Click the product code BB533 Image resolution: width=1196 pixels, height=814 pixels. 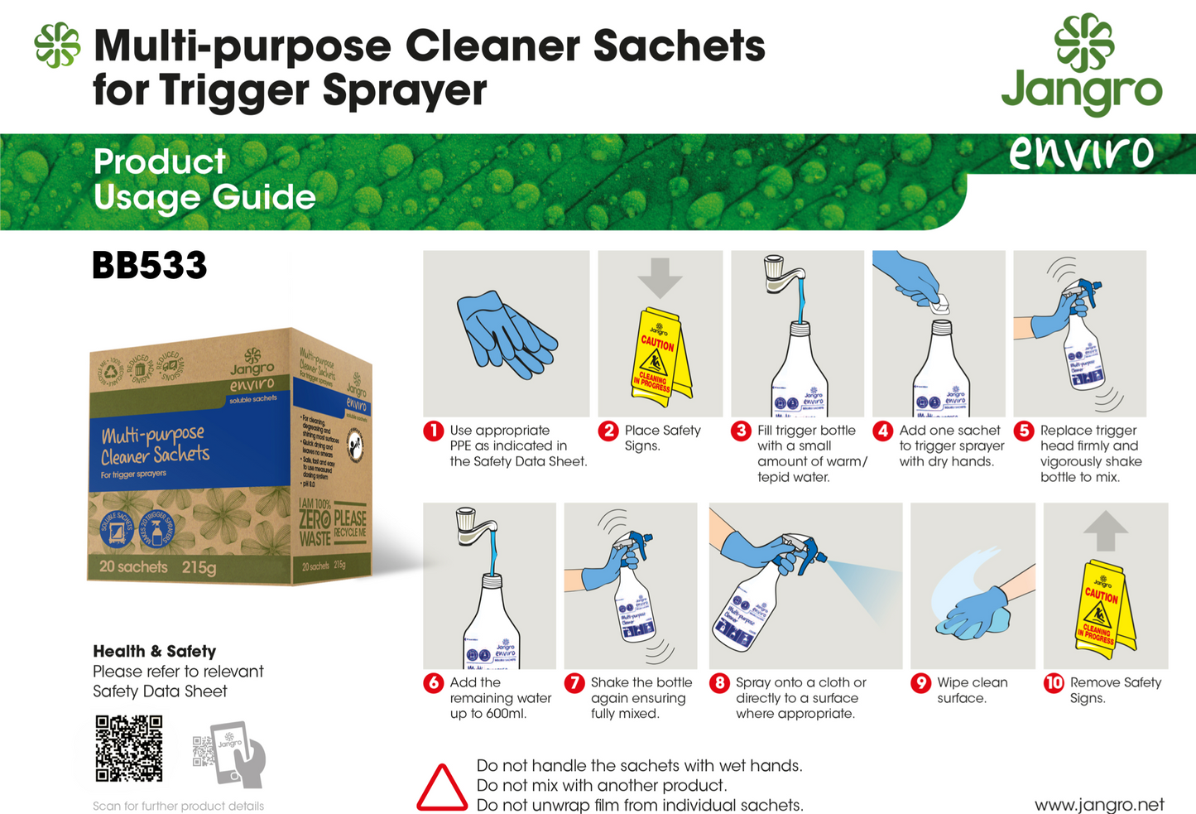pos(150,266)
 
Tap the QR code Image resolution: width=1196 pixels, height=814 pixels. pos(129,749)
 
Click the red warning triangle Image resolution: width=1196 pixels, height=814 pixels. pos(441,788)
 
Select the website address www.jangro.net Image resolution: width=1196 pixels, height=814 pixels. pos(1098,805)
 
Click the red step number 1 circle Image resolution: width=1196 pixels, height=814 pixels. pos(434,431)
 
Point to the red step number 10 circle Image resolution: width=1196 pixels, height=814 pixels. pos(1054,683)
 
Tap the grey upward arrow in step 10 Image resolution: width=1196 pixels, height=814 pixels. pos(1105,531)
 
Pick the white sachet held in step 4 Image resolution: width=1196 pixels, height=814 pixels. pos(939,304)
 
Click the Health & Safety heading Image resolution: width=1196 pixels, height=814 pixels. pos(154,652)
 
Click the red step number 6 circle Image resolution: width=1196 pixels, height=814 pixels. pos(434,683)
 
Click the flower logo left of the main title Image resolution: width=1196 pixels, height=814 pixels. pos(57,45)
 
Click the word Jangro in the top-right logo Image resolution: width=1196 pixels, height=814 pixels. pos(1081,92)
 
